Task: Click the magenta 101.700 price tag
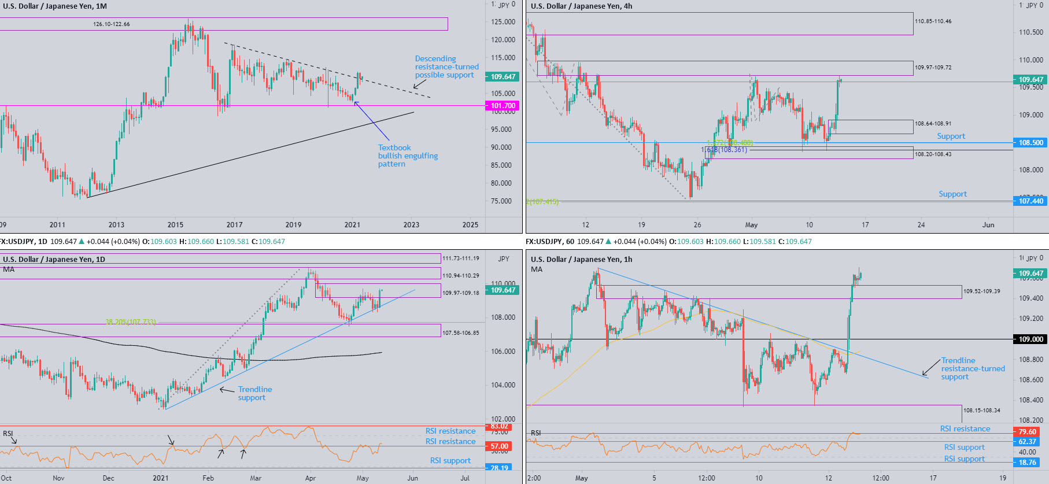(503, 106)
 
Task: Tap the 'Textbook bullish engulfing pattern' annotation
(408, 156)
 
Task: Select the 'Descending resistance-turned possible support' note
(446, 67)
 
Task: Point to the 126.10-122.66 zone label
(112, 24)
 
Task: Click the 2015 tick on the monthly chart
(175, 225)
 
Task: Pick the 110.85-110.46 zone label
(933, 21)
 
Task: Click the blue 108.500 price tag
(1030, 143)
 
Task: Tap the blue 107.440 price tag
(1030, 201)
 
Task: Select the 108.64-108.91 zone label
(933, 124)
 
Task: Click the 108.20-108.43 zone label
(933, 154)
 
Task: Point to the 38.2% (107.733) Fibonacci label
(131, 322)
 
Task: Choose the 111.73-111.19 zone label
(461, 258)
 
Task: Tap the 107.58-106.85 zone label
(461, 333)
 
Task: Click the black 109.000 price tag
(1030, 339)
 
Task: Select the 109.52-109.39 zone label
(981, 291)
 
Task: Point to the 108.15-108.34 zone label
(981, 411)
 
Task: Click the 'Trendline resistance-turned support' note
(973, 369)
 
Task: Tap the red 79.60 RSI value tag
(1027, 432)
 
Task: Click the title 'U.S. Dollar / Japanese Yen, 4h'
(581, 6)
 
